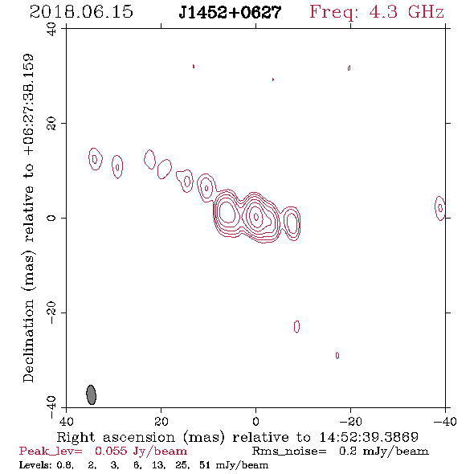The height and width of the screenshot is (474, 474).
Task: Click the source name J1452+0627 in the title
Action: click(230, 12)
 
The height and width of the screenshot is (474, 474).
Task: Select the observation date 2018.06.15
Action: click(81, 12)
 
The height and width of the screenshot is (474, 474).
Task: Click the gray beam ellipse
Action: click(92, 394)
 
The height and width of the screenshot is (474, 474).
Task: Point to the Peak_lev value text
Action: click(103, 452)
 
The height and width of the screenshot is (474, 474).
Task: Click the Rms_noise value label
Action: click(341, 452)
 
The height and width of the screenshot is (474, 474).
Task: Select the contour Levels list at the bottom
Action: click(144, 465)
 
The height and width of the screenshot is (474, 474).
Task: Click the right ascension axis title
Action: click(237, 437)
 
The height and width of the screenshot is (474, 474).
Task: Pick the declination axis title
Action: click(28, 219)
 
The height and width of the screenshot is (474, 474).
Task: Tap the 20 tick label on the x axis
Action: click(161, 421)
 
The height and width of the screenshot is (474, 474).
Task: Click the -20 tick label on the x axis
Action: click(350, 421)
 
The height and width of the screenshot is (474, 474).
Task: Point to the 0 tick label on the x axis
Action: click(256, 421)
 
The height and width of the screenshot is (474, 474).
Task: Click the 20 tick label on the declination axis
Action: click(51, 124)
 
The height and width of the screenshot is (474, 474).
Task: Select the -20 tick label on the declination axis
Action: click(51, 313)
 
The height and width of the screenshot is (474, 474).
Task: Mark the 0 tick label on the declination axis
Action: click(51, 218)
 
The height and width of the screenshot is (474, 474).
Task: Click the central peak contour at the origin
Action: click(256, 216)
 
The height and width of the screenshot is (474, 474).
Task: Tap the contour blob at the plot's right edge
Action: click(440, 208)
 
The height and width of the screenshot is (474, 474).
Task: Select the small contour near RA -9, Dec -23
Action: click(296, 327)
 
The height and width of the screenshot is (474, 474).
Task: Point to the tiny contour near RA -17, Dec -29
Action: click(337, 355)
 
